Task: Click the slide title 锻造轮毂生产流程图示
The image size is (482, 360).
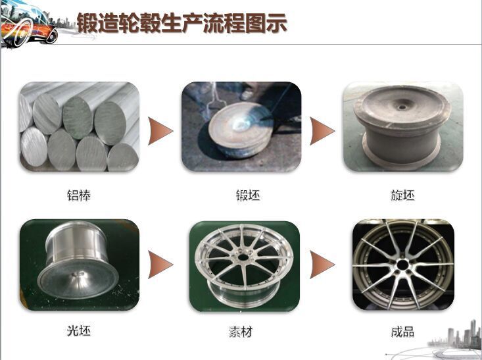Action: (182, 23)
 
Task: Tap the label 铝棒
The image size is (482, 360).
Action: (79, 195)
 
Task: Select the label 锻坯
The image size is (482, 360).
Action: (248, 195)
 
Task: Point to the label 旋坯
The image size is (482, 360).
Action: (402, 195)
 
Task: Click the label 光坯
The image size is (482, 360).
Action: (79, 331)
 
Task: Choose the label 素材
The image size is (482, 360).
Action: (241, 332)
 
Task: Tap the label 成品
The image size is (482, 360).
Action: (402, 332)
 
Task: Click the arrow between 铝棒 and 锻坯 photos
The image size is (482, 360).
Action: (160, 131)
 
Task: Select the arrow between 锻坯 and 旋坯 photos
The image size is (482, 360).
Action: (322, 131)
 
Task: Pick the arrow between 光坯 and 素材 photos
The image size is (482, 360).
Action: (160, 265)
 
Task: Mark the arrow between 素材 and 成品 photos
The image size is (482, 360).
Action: (322, 265)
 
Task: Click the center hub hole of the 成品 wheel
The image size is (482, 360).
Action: (402, 265)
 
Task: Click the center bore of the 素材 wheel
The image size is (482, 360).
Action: (243, 257)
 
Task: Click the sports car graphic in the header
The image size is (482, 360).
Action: (29, 24)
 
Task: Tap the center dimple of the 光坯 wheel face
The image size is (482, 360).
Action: (78, 274)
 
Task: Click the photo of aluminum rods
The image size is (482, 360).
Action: (80, 126)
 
